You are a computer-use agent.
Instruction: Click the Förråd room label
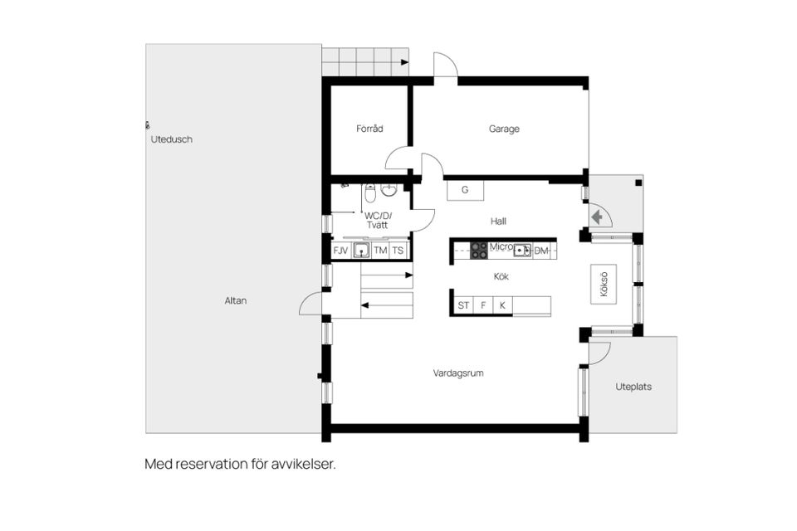click(x=369, y=129)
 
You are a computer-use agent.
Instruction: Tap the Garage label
click(x=504, y=129)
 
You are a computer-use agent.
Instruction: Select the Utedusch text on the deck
click(x=171, y=139)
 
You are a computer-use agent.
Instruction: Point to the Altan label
click(x=236, y=301)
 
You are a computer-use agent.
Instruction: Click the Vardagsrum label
click(x=458, y=373)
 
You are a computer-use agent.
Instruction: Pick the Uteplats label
click(x=633, y=387)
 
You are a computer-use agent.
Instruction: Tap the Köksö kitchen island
click(x=604, y=285)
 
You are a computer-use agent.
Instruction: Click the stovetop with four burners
click(x=479, y=251)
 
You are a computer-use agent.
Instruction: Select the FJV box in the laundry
click(x=340, y=251)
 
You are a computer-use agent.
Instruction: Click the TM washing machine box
click(x=380, y=251)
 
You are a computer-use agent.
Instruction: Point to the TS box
click(x=398, y=251)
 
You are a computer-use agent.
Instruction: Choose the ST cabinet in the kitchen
click(x=463, y=305)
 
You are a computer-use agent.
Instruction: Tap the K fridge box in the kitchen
click(x=503, y=305)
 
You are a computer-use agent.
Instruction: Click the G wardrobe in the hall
click(x=465, y=191)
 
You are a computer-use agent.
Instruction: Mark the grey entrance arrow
click(x=597, y=217)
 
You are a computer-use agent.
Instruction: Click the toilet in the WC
click(x=370, y=192)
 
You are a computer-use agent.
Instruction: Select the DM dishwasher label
click(x=541, y=251)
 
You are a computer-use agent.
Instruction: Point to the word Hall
click(x=499, y=221)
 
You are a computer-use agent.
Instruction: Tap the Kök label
click(x=501, y=276)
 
